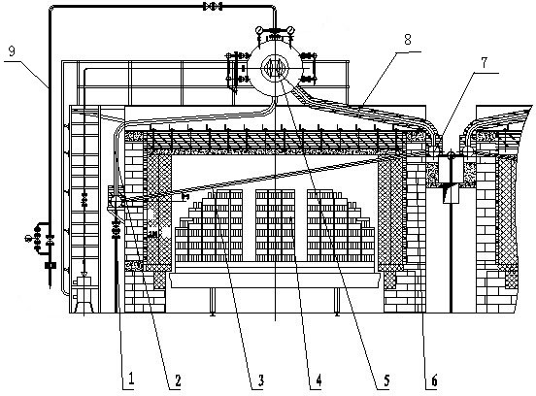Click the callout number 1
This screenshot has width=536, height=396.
tap(130, 379)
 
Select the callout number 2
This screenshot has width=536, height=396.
tap(177, 379)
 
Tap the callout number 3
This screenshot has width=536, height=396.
tap(260, 379)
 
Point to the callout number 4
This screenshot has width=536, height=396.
tap(318, 379)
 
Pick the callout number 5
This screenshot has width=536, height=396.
tap(386, 379)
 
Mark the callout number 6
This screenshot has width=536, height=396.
tap(434, 379)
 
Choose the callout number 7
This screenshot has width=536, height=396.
tap(484, 63)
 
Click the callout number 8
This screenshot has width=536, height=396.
tap(408, 40)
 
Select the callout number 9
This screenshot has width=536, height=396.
tap(12, 51)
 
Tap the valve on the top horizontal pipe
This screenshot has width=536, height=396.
tap(213, 6)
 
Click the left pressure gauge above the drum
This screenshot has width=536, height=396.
tap(258, 30)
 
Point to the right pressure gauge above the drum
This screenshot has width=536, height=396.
tap(290, 30)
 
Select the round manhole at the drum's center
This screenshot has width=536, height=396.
tap(275, 67)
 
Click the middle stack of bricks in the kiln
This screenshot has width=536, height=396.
tap(275, 225)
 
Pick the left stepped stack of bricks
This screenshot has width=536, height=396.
tap(209, 225)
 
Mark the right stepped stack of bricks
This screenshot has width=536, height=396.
tap(341, 225)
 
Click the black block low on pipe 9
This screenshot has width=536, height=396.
tap(50, 265)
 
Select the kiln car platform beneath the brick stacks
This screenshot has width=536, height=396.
tap(275, 275)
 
